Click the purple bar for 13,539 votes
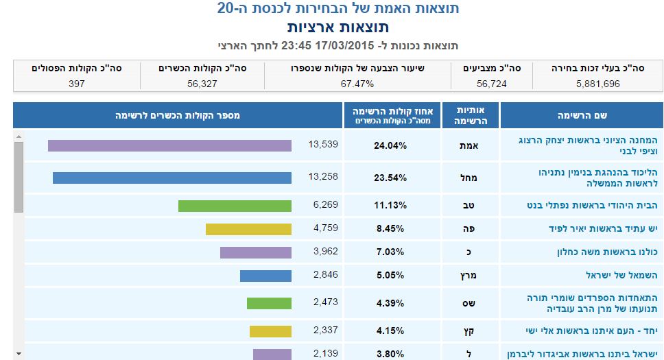(x=169, y=145)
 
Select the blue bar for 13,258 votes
(x=172, y=178)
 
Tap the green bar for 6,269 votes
(x=235, y=206)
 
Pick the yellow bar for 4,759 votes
(x=248, y=229)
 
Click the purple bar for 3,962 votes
(x=256, y=252)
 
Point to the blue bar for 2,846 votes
(x=265, y=276)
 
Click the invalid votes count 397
(x=76, y=84)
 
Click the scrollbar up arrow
(x=19, y=136)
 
